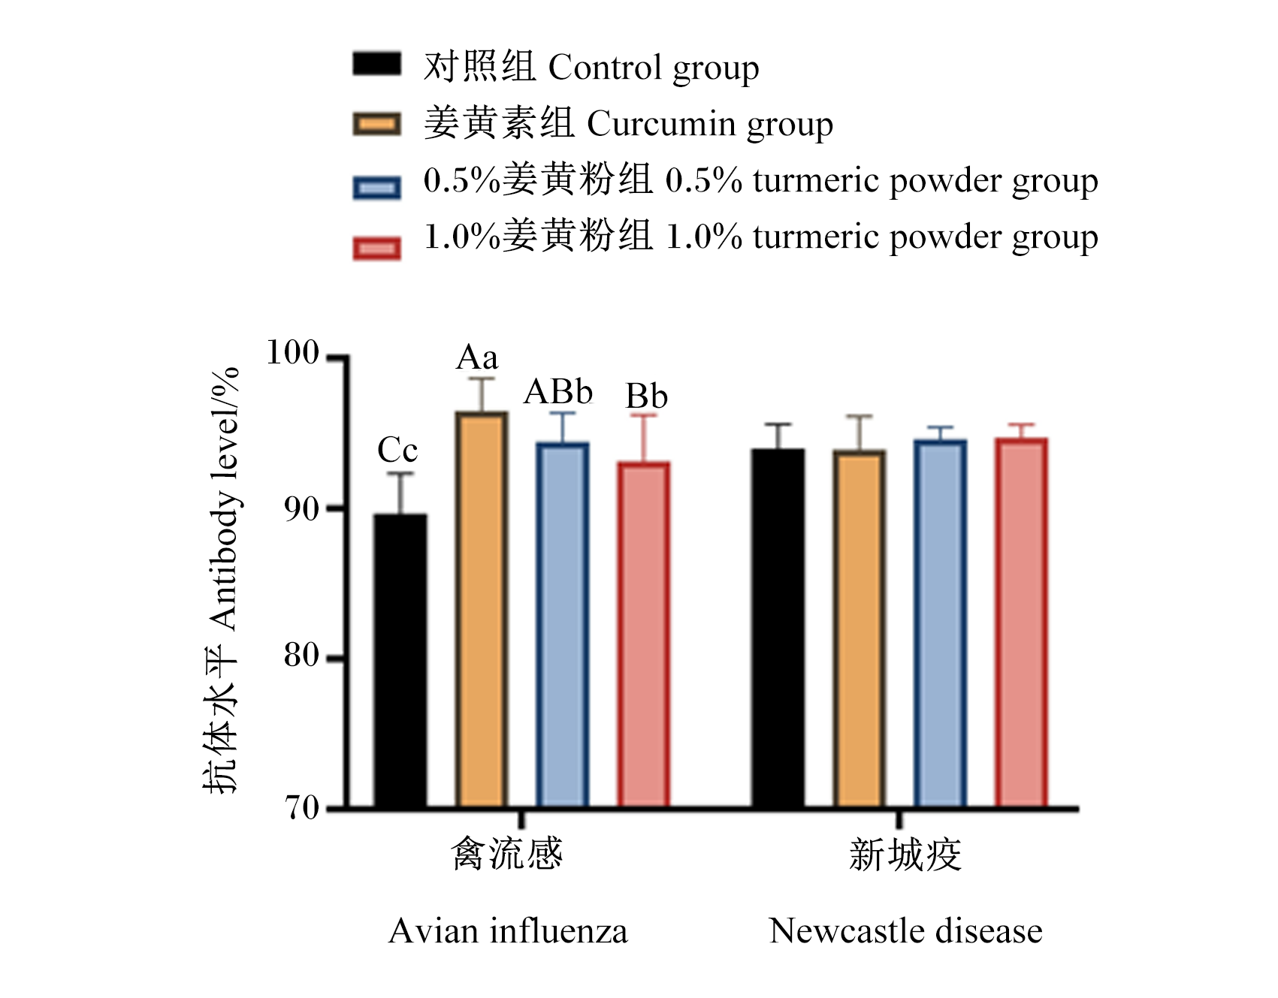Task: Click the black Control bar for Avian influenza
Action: pyautogui.click(x=400, y=661)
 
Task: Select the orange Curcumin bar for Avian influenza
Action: pyautogui.click(x=482, y=610)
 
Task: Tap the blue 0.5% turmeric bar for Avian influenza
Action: pyautogui.click(x=563, y=625)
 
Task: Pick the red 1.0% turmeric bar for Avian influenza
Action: pyautogui.click(x=644, y=635)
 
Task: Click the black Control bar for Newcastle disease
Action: pyautogui.click(x=778, y=628)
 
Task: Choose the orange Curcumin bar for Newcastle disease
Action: pyautogui.click(x=860, y=629)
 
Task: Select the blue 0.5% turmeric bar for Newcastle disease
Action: pyautogui.click(x=941, y=624)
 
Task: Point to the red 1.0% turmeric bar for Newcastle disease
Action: pyautogui.click(x=1021, y=623)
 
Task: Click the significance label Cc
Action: pyautogui.click(x=397, y=451)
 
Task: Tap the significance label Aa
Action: pyautogui.click(x=477, y=357)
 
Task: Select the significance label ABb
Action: pyautogui.click(x=559, y=392)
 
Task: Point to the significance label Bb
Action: pyautogui.click(x=647, y=396)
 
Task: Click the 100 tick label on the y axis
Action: pyautogui.click(x=293, y=352)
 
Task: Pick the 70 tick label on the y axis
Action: pyautogui.click(x=302, y=808)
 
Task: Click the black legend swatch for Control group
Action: pyautogui.click(x=377, y=65)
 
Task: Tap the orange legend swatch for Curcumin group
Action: pyautogui.click(x=377, y=124)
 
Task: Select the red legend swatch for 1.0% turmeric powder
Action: pyautogui.click(x=377, y=249)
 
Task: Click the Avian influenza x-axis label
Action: pyautogui.click(x=508, y=931)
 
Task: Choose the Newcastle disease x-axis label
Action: pyautogui.click(x=906, y=931)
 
